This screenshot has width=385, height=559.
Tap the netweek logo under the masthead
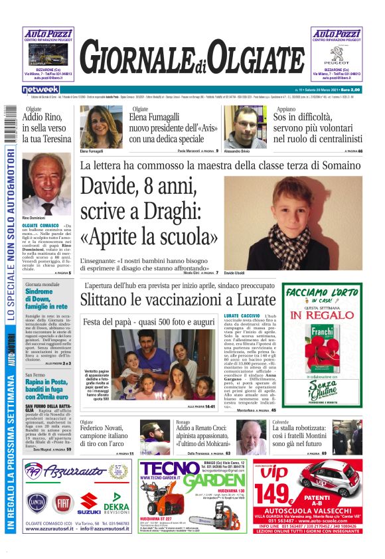pyautogui.click(x=40, y=90)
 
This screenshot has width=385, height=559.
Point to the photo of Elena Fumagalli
pyautogui.click(x=101, y=127)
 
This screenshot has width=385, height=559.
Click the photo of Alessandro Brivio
pyautogui.click(x=247, y=127)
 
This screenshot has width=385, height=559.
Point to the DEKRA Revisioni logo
pyautogui.click(x=117, y=507)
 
